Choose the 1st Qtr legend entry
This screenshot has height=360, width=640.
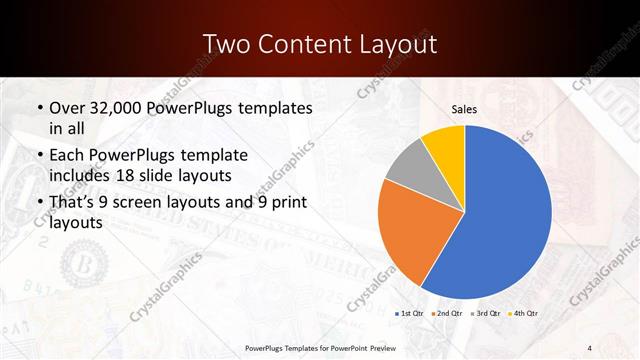click(x=411, y=313)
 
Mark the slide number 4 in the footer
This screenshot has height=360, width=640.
click(x=590, y=347)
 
